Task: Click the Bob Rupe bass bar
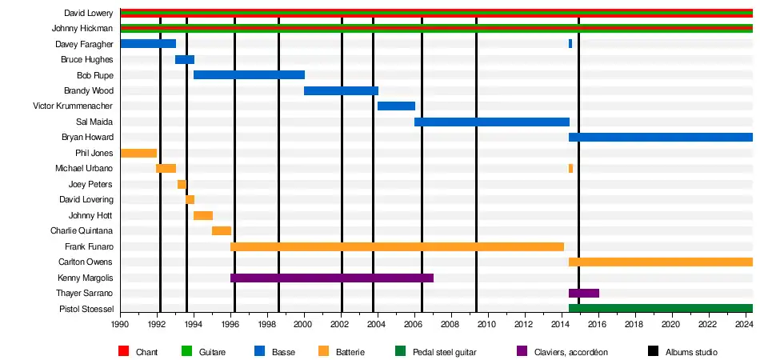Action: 249,74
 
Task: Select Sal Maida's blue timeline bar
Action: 491,122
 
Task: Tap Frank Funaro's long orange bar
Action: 397,246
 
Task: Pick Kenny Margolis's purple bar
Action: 331,278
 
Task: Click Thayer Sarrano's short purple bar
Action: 583,294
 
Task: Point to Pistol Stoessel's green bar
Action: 660,309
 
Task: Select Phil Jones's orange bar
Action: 138,153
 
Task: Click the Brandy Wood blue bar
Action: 341,90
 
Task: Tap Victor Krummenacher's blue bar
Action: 396,106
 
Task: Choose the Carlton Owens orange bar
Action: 660,262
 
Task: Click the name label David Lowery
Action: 88,13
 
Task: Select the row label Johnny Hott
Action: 90,215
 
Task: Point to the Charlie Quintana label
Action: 82,231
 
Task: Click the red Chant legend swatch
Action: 123,351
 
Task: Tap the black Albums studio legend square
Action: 650,351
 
